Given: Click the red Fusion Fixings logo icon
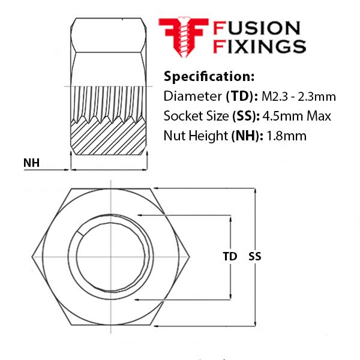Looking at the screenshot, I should pos(183,37).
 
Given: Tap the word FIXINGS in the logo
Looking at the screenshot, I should pos(260,46).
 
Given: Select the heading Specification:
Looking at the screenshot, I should pos(209,77).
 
